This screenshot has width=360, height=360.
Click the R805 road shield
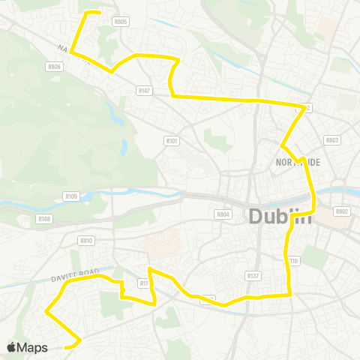coord(121,22)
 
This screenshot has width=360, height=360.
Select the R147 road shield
coord(145,90)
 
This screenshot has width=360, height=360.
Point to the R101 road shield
coord(171,139)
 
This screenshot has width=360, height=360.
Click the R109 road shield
coord(71,196)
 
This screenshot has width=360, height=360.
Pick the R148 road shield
coord(44,219)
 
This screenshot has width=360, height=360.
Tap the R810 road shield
coord(86,241)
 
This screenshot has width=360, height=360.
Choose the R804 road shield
coord(223,214)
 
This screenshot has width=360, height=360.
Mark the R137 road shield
coord(253,276)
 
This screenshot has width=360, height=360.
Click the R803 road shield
coord(332,140)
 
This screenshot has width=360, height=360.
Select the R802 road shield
coord(342,211)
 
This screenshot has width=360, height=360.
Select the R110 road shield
coord(293,261)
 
